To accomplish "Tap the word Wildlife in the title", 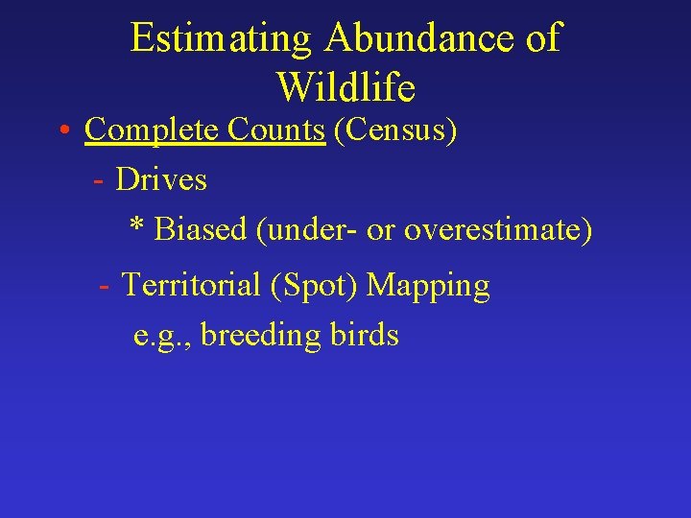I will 345,88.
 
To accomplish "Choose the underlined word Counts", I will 276,129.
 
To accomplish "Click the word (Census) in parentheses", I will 394,129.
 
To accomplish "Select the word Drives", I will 161,179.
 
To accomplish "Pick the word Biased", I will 201,230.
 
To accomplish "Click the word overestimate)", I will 498,230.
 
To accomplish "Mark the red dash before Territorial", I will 105,286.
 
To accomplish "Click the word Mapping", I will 429,286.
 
